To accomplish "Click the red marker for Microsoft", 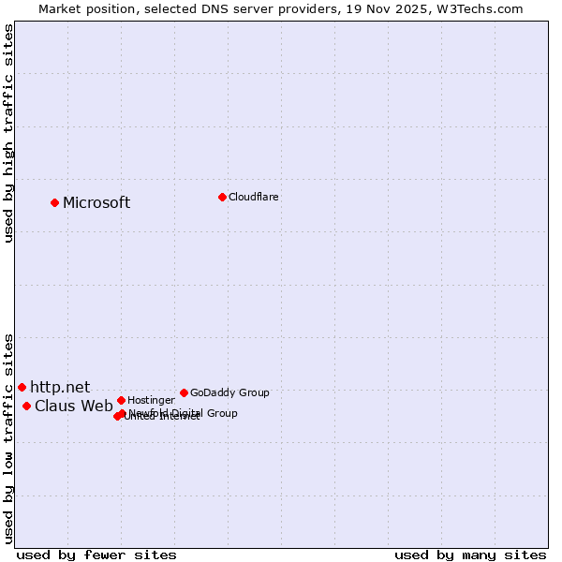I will point(54,202).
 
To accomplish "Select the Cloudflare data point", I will point(222,197).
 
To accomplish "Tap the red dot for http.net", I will point(22,387).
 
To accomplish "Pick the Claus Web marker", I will point(26,406).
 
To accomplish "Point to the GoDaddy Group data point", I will point(184,392).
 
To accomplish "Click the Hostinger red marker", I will point(121,400).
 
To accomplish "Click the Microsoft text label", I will point(96,203).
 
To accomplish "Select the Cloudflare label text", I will point(253,197).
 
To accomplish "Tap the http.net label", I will point(60,387).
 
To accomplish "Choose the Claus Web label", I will point(73,406).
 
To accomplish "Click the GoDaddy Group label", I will point(229,392).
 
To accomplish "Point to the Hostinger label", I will point(151,400).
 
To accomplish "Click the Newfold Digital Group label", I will point(184,413).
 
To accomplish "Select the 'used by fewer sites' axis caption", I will point(96,555).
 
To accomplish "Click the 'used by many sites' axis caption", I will point(470,555).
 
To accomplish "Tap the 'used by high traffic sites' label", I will point(9,133).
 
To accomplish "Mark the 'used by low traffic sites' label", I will point(9,437).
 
